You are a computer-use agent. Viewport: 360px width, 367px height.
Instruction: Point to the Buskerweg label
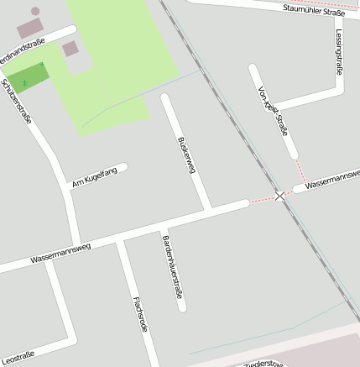click(x=186, y=155)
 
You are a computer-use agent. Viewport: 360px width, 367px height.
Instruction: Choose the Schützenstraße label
click(x=18, y=101)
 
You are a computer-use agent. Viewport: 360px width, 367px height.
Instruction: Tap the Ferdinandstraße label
click(x=23, y=52)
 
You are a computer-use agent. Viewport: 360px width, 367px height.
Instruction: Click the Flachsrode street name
click(x=140, y=314)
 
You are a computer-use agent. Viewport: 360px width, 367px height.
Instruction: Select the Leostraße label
click(x=18, y=357)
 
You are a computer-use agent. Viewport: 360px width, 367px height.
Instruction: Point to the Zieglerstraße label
click(x=264, y=364)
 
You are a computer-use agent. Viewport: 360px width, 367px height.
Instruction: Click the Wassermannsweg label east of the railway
click(x=332, y=180)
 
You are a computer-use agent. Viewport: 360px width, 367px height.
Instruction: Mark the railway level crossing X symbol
click(x=279, y=196)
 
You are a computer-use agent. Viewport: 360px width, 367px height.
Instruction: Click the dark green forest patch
click(x=26, y=77)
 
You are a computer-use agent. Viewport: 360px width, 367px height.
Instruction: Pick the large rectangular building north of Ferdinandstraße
click(x=29, y=29)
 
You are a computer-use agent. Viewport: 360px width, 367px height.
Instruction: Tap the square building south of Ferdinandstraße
click(x=70, y=49)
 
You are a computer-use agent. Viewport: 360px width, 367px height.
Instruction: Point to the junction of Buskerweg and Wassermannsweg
click(x=209, y=207)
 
